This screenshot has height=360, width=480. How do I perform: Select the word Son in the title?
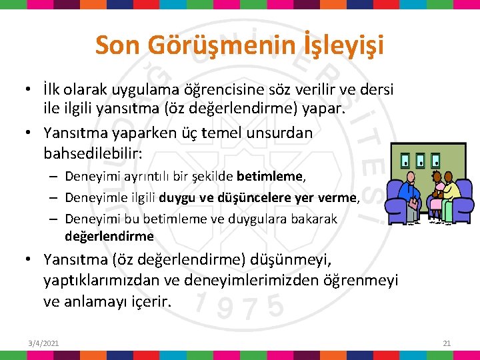pos(117,45)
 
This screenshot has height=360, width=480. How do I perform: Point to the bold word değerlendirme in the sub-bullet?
pos(109,236)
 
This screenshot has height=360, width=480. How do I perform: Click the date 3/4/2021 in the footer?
pos(43,343)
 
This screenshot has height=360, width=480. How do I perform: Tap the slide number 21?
pos(447,343)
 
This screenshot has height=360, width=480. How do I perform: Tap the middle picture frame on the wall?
pos(420,161)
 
